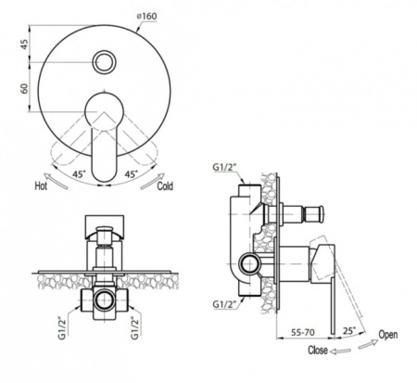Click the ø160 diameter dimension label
point(147,16)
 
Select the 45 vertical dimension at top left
point(24,45)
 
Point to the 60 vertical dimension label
point(24,88)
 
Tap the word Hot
point(41,186)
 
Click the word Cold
point(165,186)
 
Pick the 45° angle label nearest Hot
point(79,174)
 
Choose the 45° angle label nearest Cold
point(132,174)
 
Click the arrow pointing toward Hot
point(56,181)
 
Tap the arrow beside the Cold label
point(153,181)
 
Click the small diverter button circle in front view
point(105,62)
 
